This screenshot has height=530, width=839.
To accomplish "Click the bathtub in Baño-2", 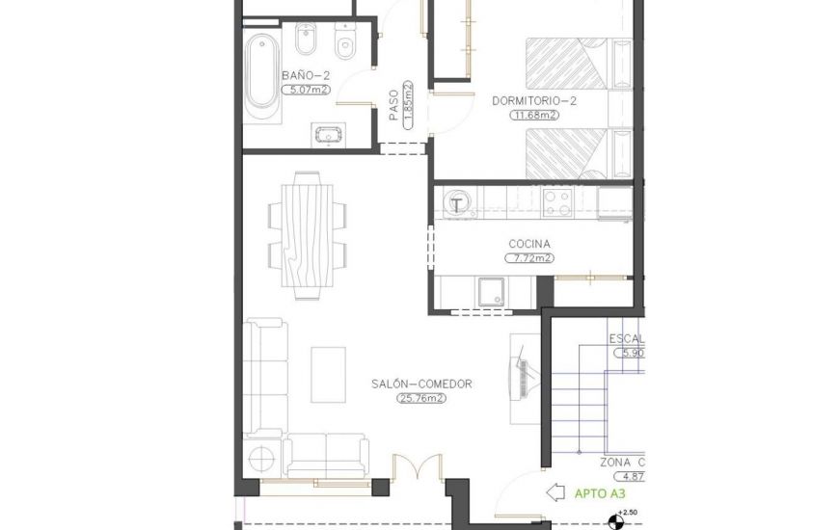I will pos(261,75).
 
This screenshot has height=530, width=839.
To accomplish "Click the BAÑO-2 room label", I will pos(306,74).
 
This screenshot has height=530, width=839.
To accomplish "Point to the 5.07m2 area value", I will pos(306,90).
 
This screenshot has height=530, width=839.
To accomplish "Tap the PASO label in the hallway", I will pos(394,106).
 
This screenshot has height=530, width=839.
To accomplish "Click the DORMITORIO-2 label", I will pos(533,100).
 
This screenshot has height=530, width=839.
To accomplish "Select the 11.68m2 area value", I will pos(534,115).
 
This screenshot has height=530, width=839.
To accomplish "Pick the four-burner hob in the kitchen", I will pos(556,202).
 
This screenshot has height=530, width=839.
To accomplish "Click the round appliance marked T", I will pos(458,202).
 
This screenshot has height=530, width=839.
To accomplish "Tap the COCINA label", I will pos(529,244).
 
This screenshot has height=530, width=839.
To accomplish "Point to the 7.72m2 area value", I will pos(529,258).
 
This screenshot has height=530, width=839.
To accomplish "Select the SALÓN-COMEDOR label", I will pos(421,384).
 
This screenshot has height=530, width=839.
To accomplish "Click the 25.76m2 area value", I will pos(421,397).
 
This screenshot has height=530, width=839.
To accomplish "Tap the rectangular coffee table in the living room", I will pos(328,375).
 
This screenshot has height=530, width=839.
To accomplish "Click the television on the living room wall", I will pos(522,378).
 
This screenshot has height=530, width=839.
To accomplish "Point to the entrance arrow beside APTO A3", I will pos(556,492).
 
